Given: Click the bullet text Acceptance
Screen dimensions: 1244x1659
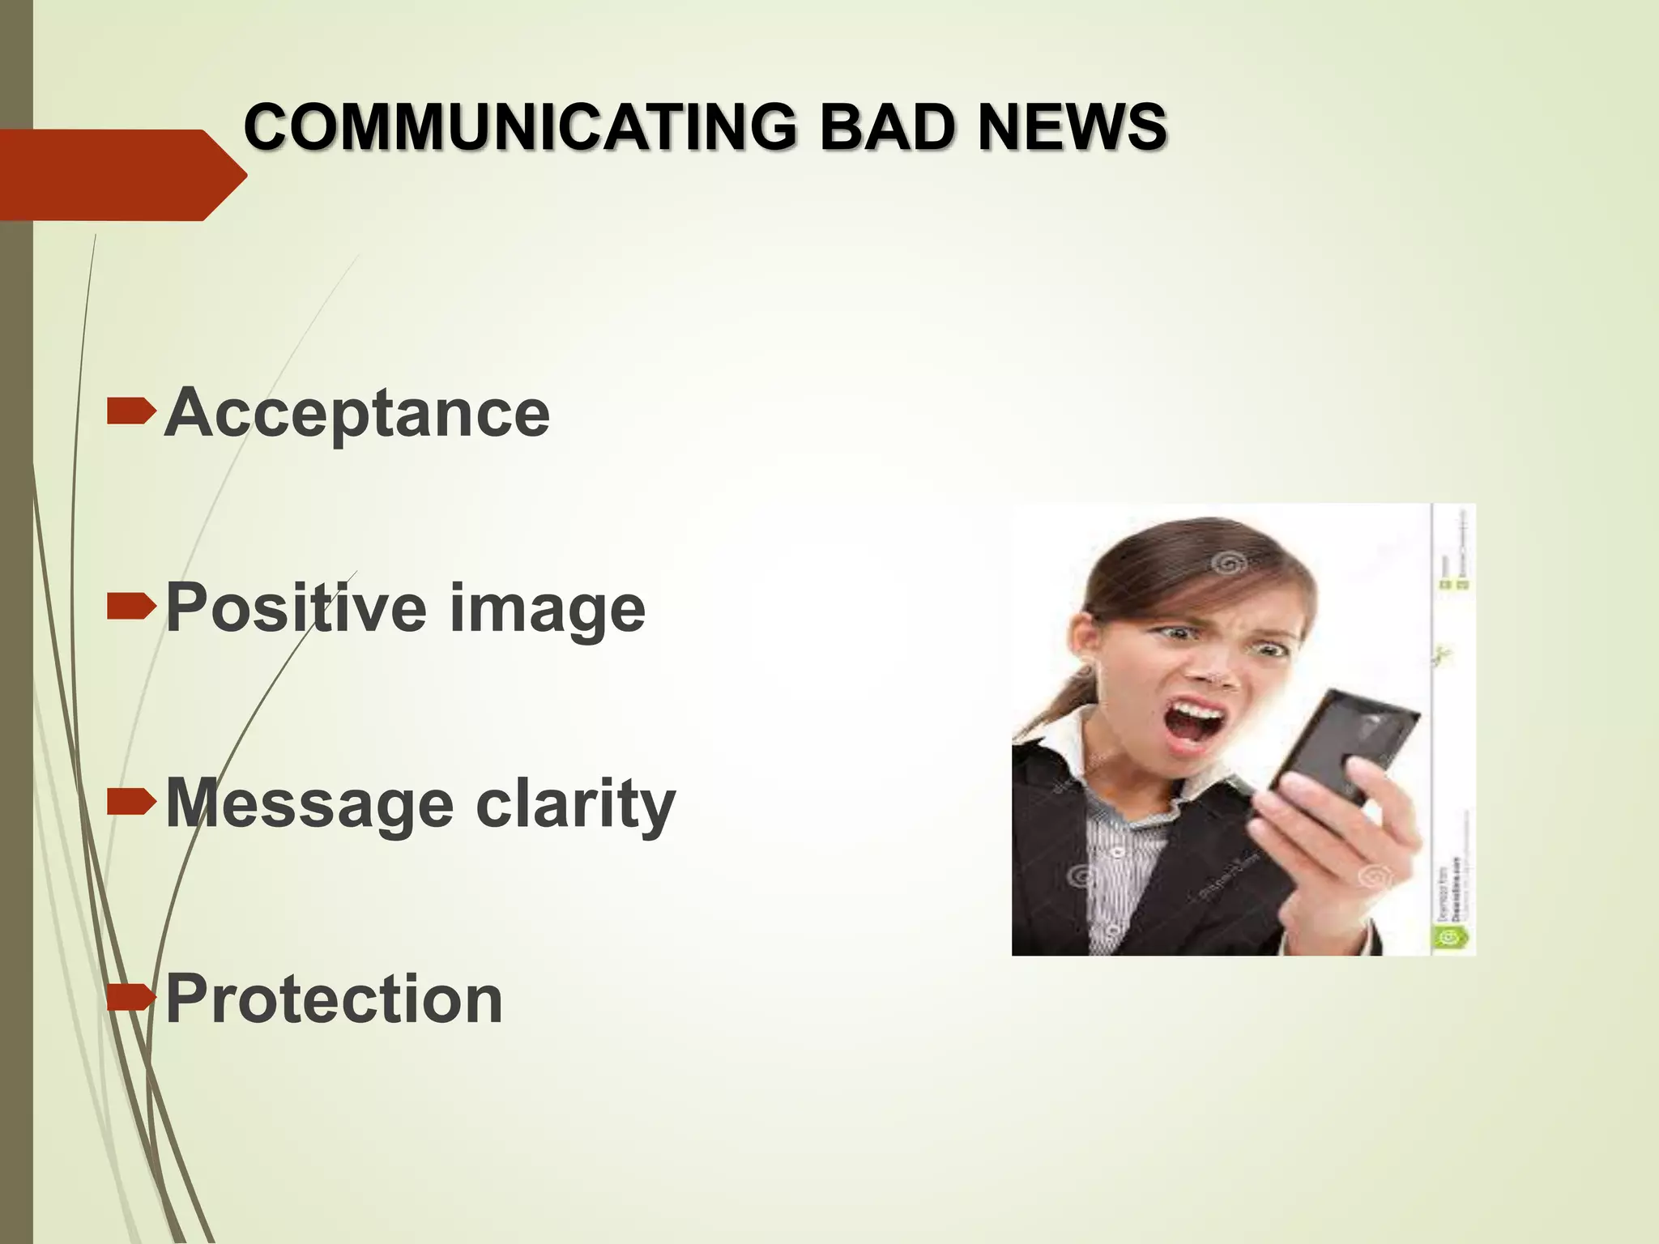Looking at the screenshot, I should click(357, 413).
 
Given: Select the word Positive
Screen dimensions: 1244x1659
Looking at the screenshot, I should click(296, 608).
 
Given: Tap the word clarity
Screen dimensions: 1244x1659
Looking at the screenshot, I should click(575, 804).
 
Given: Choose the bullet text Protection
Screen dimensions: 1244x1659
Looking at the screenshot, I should click(334, 999).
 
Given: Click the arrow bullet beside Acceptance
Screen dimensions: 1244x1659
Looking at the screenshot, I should click(130, 411).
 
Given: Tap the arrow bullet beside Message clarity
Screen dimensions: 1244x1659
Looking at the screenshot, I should click(130, 802).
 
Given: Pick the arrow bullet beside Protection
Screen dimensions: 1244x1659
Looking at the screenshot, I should click(130, 998).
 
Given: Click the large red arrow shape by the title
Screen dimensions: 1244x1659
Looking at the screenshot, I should click(122, 174).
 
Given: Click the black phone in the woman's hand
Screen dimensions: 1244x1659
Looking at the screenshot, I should click(1345, 745).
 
